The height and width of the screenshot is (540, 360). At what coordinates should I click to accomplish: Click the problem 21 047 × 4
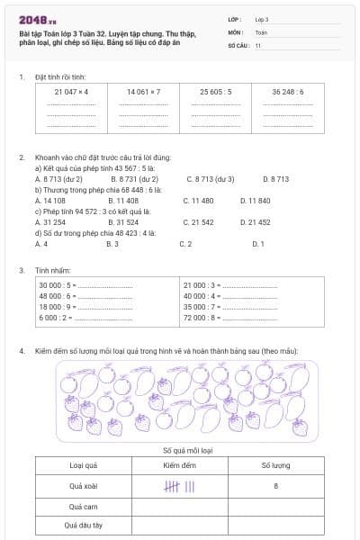pos(70,92)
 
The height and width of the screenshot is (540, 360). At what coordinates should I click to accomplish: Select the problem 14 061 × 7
pos(143,92)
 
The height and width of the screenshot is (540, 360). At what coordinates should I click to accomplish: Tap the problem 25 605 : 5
pos(216,92)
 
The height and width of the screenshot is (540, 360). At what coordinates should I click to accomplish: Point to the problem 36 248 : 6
pos(288,92)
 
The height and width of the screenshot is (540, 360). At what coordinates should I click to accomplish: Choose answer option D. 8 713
pos(275,178)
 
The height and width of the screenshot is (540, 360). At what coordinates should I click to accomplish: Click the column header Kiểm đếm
pos(179,465)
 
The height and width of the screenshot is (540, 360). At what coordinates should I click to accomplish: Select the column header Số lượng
pos(275,465)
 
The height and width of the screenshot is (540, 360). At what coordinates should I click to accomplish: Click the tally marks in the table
pos(179,486)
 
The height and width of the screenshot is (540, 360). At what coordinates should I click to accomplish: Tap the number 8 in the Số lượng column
pos(275,486)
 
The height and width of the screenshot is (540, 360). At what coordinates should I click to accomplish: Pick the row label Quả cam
pos(83,506)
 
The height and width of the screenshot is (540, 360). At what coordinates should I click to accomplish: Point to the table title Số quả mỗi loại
pos(179,448)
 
